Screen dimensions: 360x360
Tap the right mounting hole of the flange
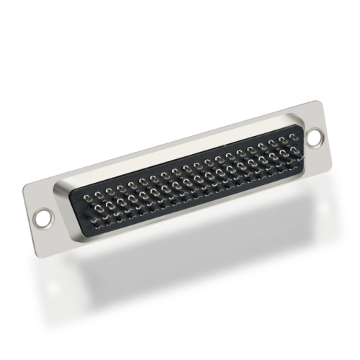(315, 134)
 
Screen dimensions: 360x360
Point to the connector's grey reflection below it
(180, 266)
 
